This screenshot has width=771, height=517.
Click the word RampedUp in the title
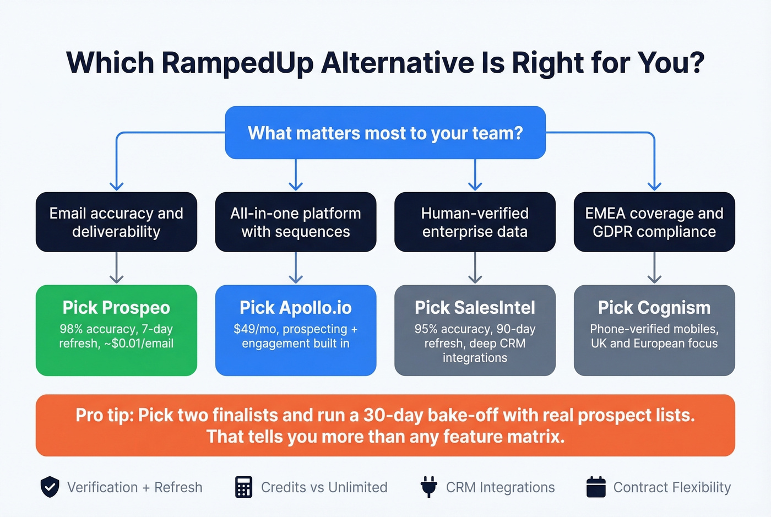coord(237,63)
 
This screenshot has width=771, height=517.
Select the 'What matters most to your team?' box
coord(385,133)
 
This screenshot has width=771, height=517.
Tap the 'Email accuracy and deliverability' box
coord(116,222)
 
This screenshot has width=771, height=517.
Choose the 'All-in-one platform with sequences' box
coord(296,222)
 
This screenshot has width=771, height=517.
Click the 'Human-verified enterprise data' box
coord(475,222)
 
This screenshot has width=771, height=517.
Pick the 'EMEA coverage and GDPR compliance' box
coord(654,222)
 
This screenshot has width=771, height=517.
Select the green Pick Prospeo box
coord(116,330)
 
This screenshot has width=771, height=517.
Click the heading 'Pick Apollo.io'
coord(296,307)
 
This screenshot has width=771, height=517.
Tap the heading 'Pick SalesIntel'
coord(475,307)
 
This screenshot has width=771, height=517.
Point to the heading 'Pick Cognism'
coord(654,307)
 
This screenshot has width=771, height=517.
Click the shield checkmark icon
coord(50,487)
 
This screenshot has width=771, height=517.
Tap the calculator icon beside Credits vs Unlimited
coord(243,487)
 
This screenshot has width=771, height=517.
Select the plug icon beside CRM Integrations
coord(428,487)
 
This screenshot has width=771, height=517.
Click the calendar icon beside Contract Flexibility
coord(596,487)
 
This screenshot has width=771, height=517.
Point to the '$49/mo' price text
coord(252,329)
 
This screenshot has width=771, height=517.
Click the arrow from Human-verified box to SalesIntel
coord(475,268)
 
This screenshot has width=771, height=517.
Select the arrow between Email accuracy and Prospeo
coord(116,268)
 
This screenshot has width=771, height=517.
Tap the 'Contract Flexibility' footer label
coord(672,487)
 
